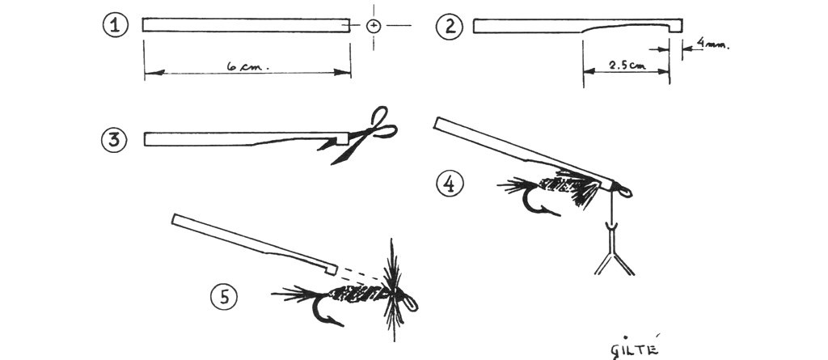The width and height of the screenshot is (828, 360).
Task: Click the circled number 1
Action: click(115, 25)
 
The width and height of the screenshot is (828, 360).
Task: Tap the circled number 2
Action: click(450, 27)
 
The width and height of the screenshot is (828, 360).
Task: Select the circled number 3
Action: click(114, 140)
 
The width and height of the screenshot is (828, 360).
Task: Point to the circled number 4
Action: click(450, 184)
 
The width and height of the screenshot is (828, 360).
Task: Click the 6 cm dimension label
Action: click(247, 67)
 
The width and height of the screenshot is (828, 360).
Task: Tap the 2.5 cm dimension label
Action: click(627, 66)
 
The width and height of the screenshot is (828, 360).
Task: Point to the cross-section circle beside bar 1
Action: click(374, 25)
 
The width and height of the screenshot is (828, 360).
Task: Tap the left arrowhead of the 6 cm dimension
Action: click(154, 72)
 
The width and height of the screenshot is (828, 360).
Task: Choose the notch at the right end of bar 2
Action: click(670, 28)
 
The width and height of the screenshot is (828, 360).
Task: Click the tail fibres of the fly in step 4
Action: click(517, 185)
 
